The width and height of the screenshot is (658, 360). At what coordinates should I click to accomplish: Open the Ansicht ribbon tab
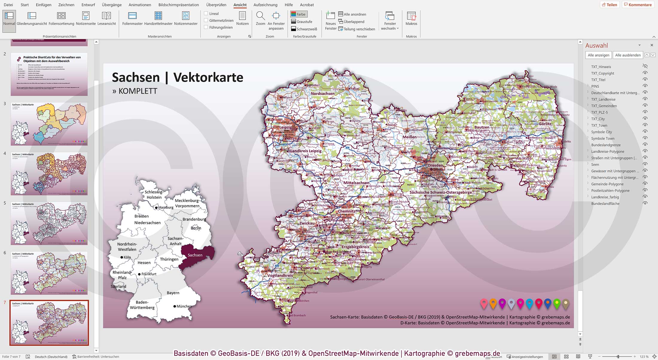coord(240,5)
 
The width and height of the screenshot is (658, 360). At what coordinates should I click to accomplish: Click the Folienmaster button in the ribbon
coord(132,19)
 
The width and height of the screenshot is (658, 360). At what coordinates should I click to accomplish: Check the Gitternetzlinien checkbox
coord(206,20)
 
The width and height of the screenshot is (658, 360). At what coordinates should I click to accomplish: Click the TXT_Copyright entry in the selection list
coord(602,73)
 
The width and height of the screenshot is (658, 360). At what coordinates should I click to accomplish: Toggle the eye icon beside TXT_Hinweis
coord(645,66)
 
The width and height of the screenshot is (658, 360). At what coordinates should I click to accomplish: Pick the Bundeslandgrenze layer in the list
coord(606,145)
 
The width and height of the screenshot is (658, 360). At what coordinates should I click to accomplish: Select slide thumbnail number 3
coord(49,124)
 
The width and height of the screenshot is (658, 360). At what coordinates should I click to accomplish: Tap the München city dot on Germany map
coord(175,306)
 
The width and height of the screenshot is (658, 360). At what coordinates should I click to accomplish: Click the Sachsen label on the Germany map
coord(195,255)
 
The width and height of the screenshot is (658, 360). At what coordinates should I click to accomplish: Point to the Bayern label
coord(173,293)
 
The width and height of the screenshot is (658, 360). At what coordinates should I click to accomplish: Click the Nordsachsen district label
coord(322,94)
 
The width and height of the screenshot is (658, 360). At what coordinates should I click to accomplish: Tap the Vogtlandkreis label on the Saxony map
coord(280,275)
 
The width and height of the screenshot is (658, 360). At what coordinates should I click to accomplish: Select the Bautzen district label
coord(482,127)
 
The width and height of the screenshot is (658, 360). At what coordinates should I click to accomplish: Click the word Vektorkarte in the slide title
coord(208,78)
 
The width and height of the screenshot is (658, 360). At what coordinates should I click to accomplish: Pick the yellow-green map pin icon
coord(557,304)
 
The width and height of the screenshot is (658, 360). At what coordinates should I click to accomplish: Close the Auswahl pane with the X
coord(652,45)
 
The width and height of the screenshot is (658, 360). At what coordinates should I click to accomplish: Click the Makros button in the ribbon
coord(411,19)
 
